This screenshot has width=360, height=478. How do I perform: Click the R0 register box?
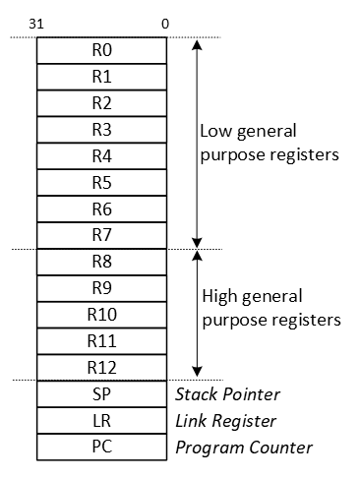[x=101, y=50]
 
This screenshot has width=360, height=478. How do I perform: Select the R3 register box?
[x=101, y=130]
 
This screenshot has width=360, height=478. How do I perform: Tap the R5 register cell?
[x=101, y=183]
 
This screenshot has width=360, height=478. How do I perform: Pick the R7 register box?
[x=101, y=236]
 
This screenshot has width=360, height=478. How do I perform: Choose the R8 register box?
[x=101, y=263]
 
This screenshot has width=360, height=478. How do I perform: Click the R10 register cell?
[x=101, y=316]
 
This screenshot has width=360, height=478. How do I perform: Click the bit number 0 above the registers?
[x=164, y=22]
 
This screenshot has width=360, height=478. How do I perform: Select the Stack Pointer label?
[x=227, y=395]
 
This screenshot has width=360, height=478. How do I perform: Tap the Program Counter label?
[x=242, y=448]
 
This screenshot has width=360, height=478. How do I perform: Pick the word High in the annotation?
[x=218, y=296]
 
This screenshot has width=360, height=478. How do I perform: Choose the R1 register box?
[x=101, y=77]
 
